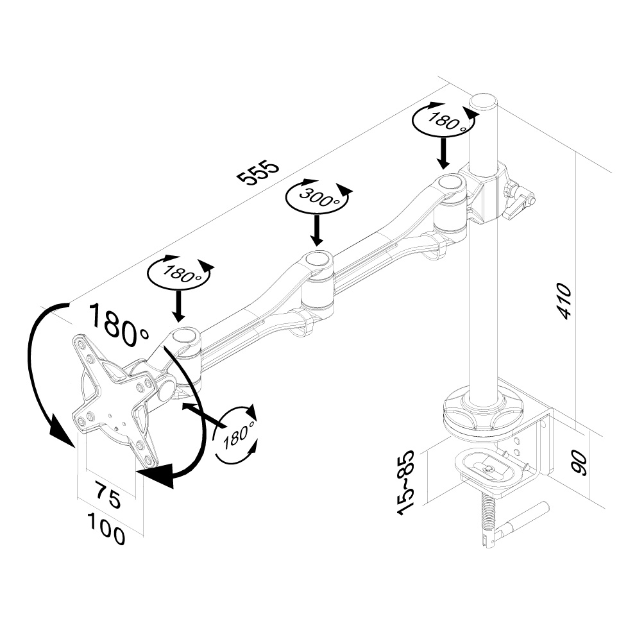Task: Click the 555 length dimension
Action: coord(258,171)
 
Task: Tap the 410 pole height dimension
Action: coord(564,300)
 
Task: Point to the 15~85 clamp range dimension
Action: coord(406,482)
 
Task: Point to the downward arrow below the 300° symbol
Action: coord(316,231)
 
